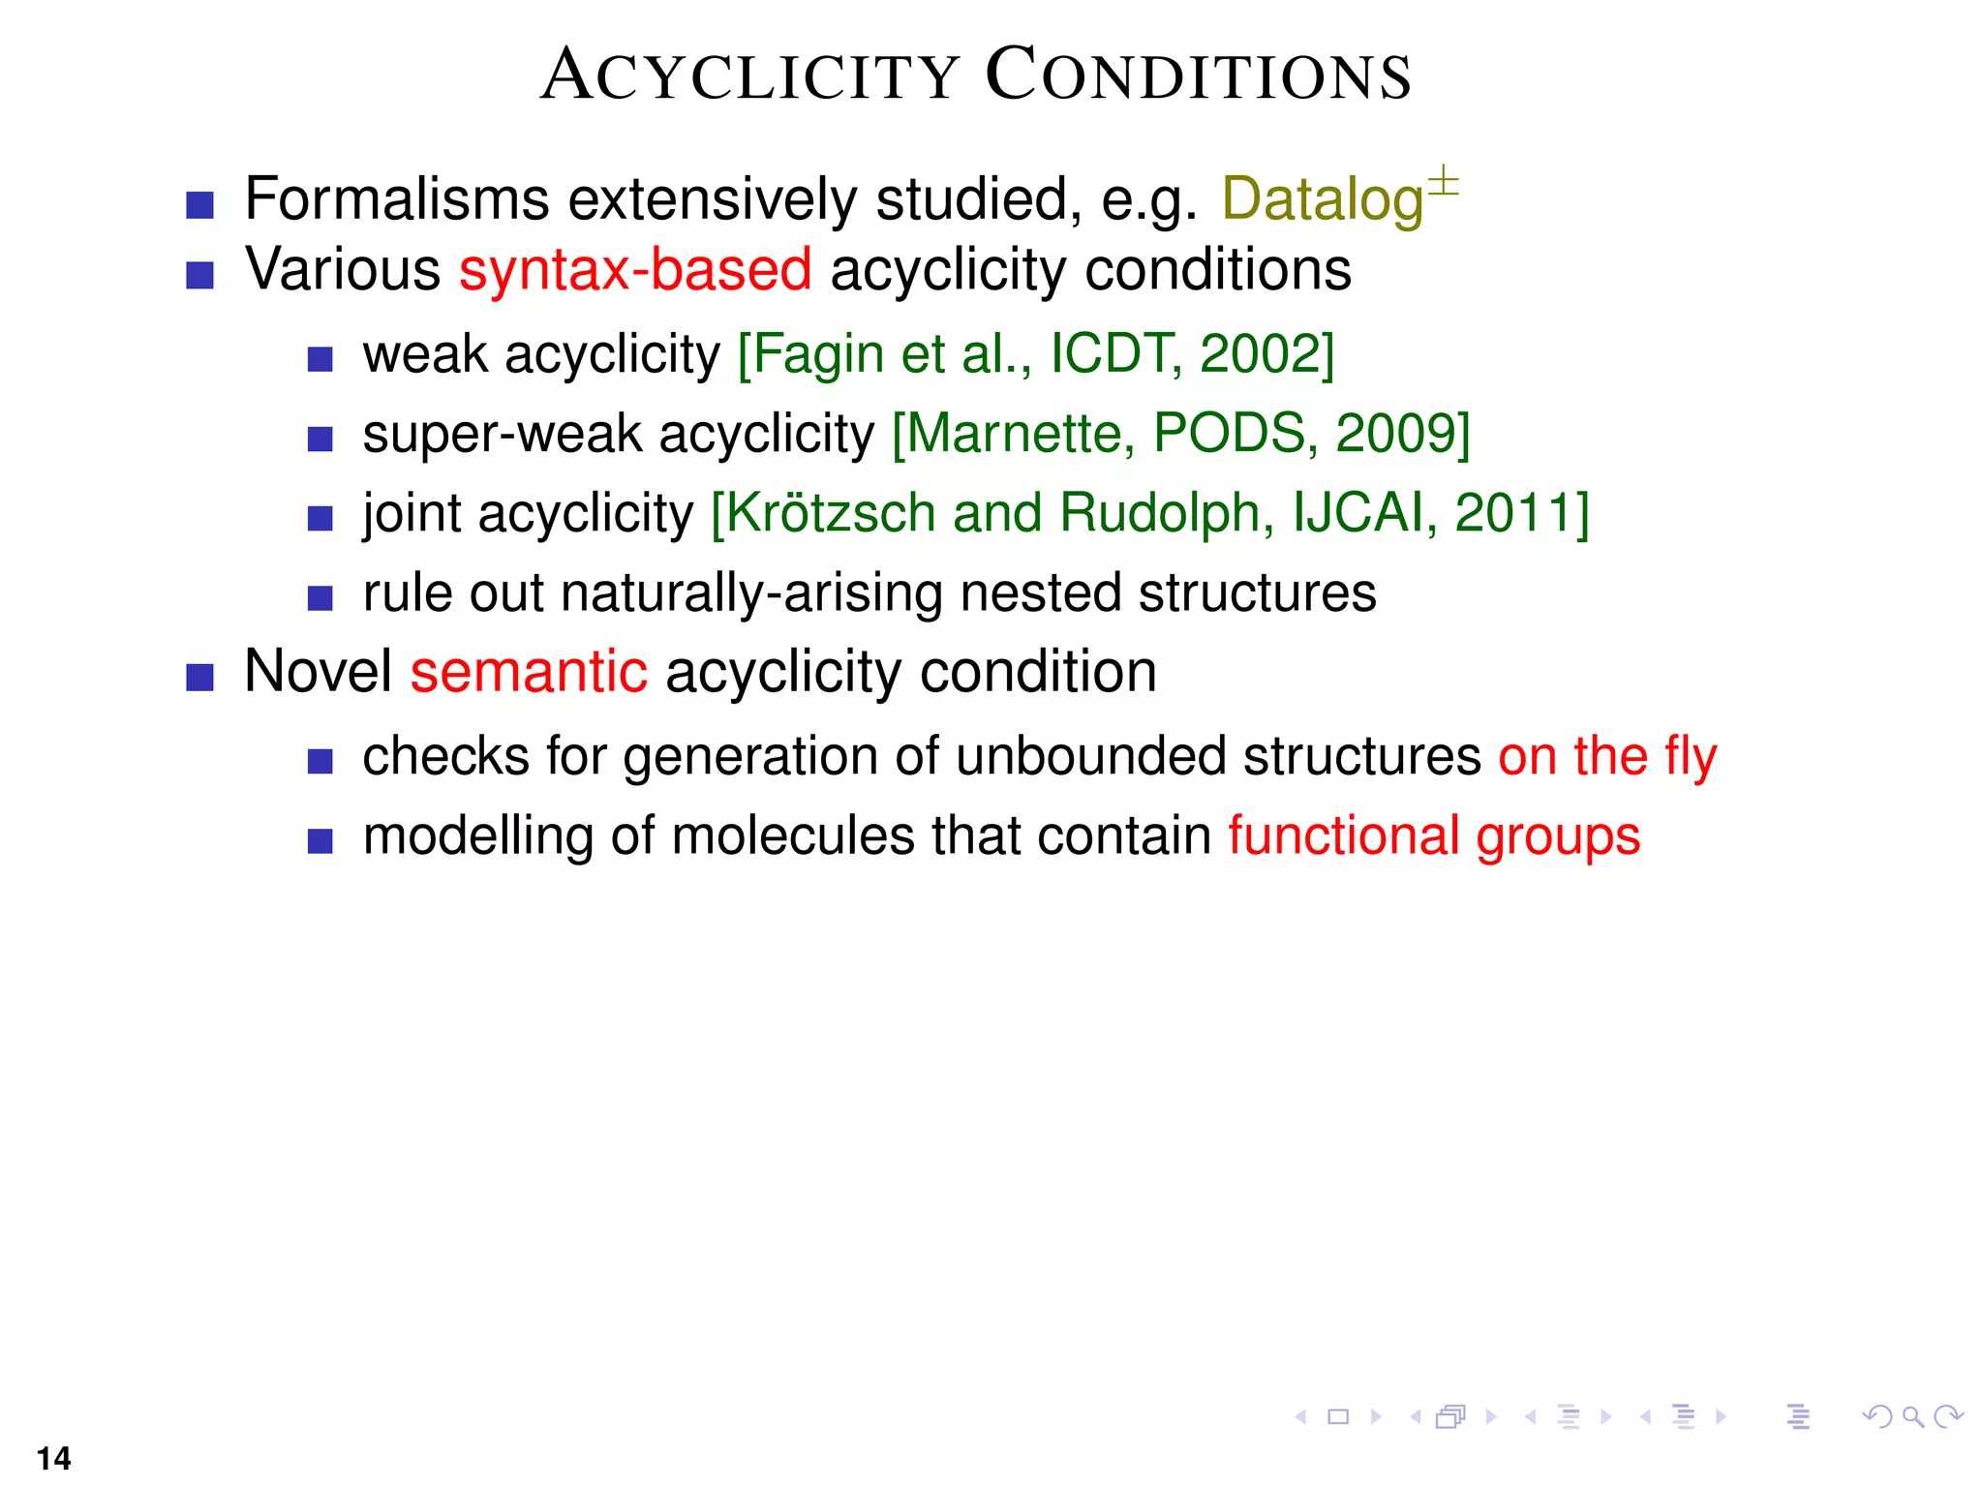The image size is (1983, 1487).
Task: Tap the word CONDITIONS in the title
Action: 1199,76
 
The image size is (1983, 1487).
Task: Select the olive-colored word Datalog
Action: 1322,200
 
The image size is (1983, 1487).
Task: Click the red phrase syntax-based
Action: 635,270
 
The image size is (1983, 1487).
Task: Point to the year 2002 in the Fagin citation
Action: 1266,354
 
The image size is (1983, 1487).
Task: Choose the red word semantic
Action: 529,672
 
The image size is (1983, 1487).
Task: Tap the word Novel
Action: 318,672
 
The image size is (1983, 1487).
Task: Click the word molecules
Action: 792,836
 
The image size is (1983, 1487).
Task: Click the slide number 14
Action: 54,1458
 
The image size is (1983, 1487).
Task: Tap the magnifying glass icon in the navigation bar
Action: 1912,1417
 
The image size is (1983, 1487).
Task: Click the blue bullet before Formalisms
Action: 199,205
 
